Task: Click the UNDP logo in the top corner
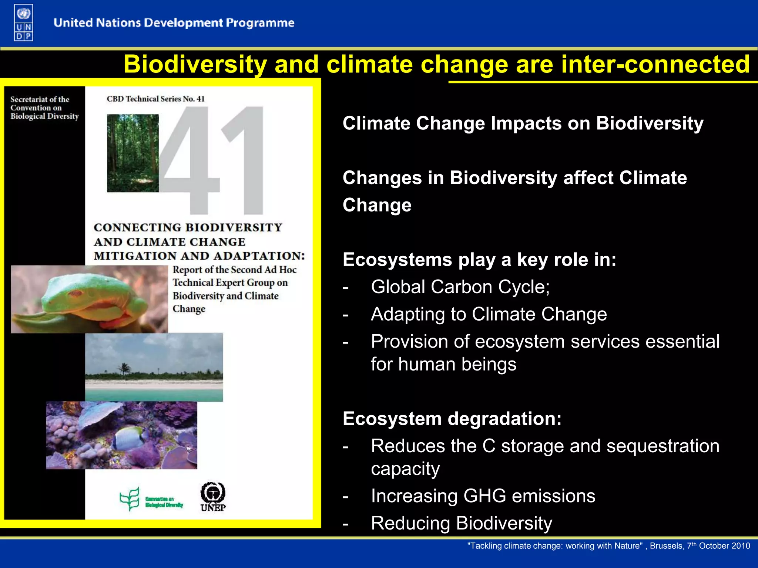(24, 23)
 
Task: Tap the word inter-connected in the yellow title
(655, 64)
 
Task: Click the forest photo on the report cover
(133, 153)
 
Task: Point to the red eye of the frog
(76, 294)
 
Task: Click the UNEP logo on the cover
(213, 497)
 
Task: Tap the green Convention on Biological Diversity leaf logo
(130, 498)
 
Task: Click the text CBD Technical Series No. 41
(155, 99)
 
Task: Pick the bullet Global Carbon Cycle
(460, 287)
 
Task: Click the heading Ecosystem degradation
(452, 419)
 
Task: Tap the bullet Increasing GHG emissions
(483, 496)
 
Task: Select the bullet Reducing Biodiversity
(461, 523)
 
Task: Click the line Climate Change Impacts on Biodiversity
(523, 124)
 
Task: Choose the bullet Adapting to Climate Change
(489, 314)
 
